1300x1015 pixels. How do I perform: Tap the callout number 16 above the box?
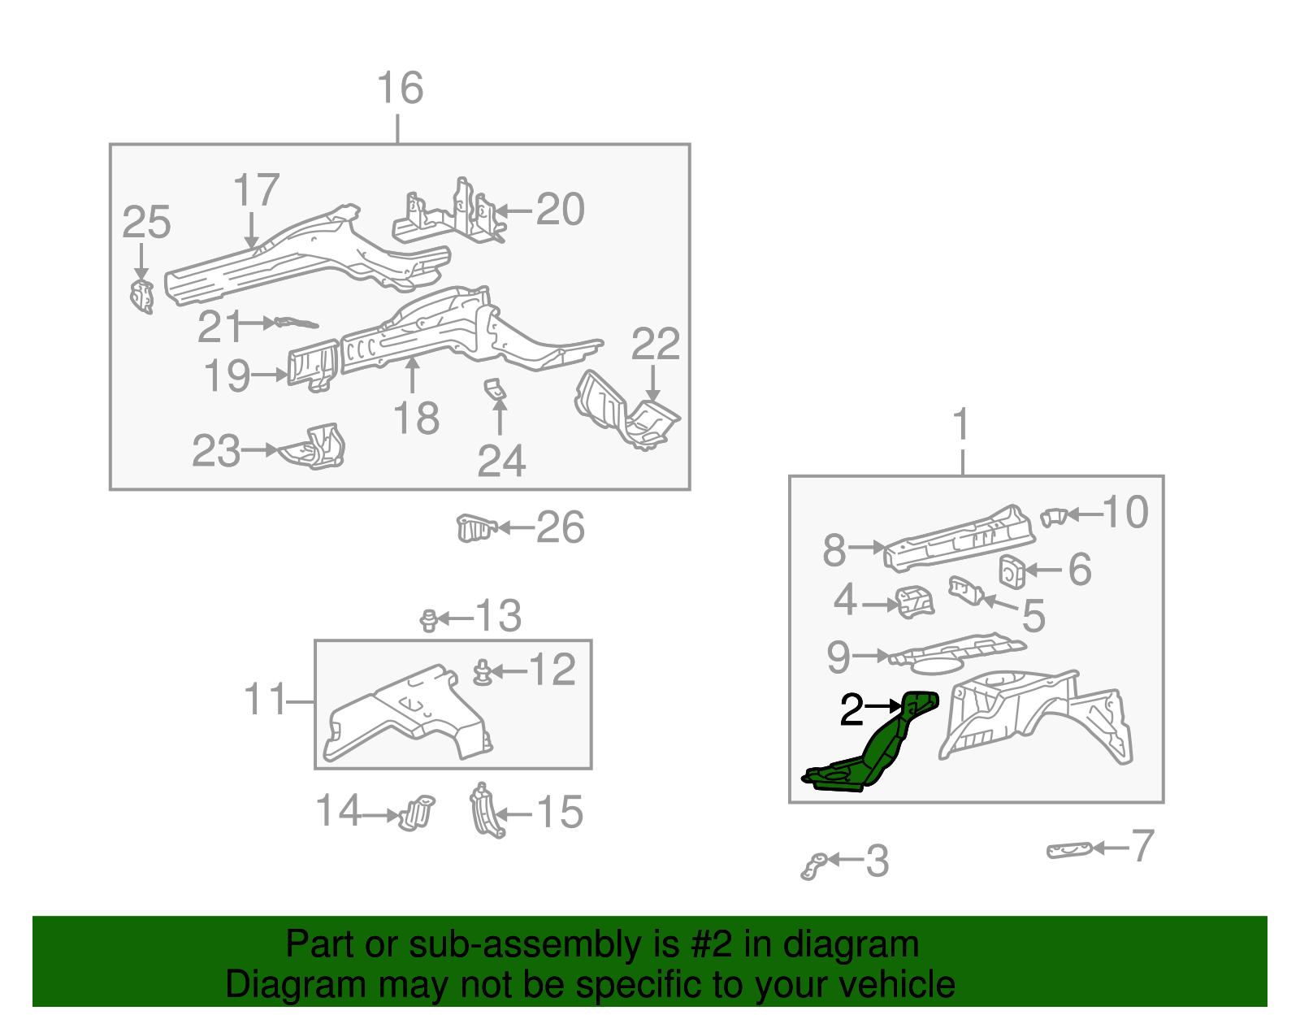[400, 88]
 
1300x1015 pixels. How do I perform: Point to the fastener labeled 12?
[483, 673]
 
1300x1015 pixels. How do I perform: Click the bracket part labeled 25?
[142, 297]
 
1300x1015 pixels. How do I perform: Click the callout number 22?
[655, 345]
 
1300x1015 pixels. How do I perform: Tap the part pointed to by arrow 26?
[474, 528]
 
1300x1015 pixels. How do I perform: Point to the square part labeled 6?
[1012, 571]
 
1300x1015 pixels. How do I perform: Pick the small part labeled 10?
[1054, 516]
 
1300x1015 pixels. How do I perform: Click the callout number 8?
[834, 551]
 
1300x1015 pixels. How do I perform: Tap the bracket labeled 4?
[915, 602]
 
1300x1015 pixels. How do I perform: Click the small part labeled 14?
[417, 812]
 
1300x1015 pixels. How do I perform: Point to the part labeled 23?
[317, 449]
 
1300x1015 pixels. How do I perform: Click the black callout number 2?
[851, 711]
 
